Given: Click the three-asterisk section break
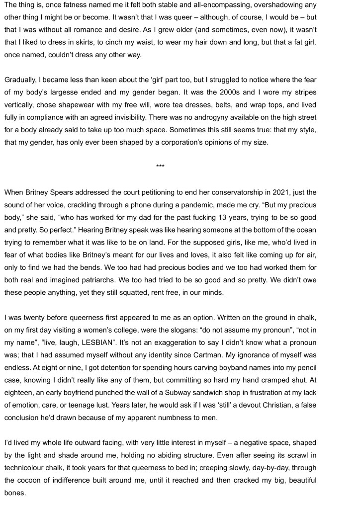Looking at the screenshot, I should point(160,166).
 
